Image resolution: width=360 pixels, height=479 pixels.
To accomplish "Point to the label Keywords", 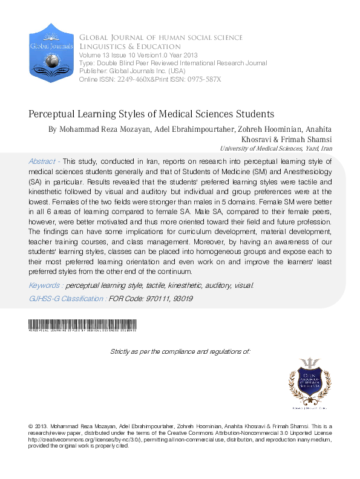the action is [x=45, y=285].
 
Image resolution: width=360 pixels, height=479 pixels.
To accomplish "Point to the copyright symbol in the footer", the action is [x=31, y=426].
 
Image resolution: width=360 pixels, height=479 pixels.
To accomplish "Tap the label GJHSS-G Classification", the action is [x=67, y=298].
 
